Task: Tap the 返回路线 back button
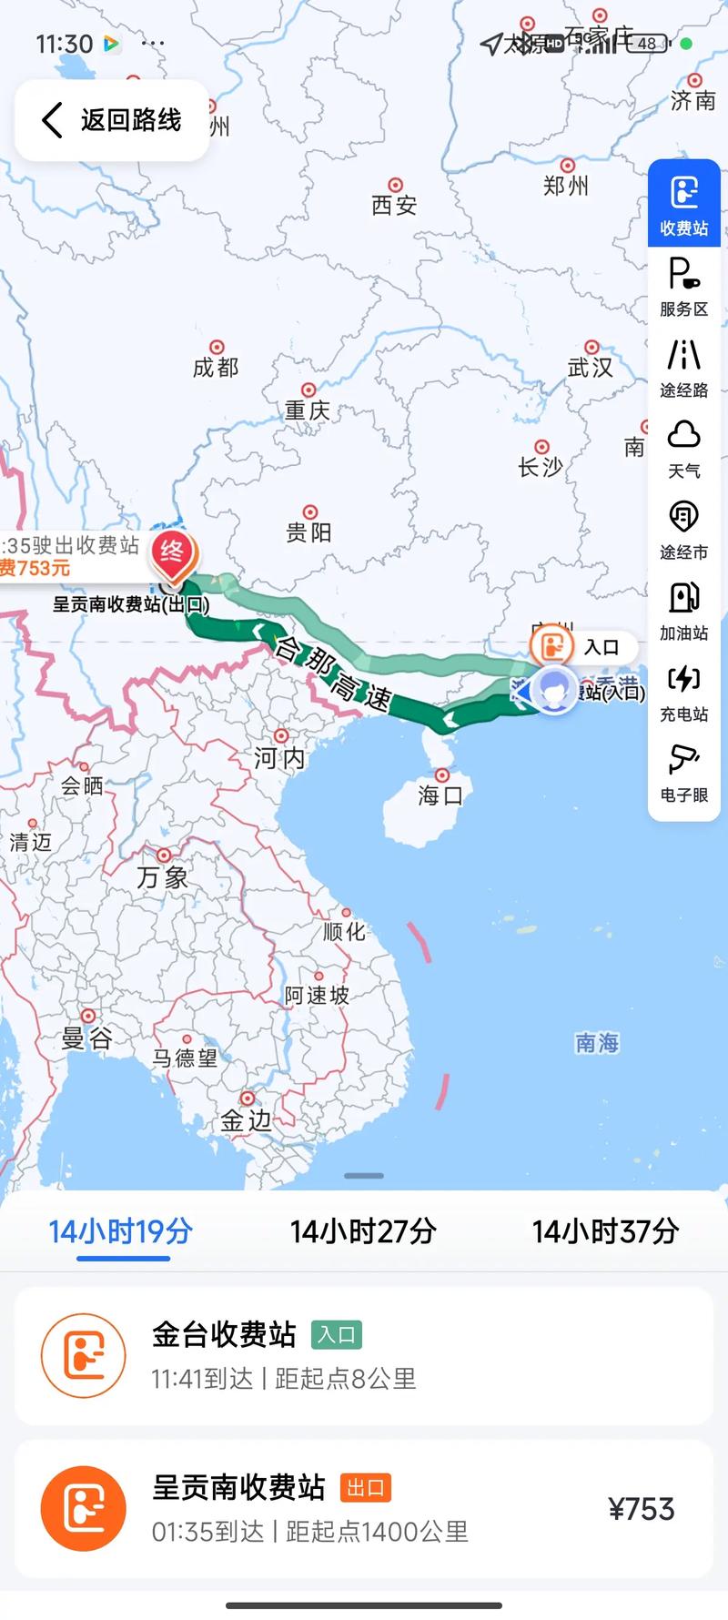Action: point(112,120)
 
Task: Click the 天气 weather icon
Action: point(683,449)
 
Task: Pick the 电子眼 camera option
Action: point(683,773)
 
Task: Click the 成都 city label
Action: point(216,367)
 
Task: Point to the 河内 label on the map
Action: point(278,757)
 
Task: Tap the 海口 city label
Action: point(440,795)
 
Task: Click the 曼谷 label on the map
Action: point(86,1038)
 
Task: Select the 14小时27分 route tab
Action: point(363,1231)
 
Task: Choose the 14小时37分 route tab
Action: point(605,1231)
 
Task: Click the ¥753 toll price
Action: point(642,1509)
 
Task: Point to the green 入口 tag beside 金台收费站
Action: point(336,1335)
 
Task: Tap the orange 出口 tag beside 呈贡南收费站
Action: point(365,1488)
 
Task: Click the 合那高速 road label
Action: point(332,673)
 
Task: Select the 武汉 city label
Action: point(590,367)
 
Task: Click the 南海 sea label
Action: point(597,1043)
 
